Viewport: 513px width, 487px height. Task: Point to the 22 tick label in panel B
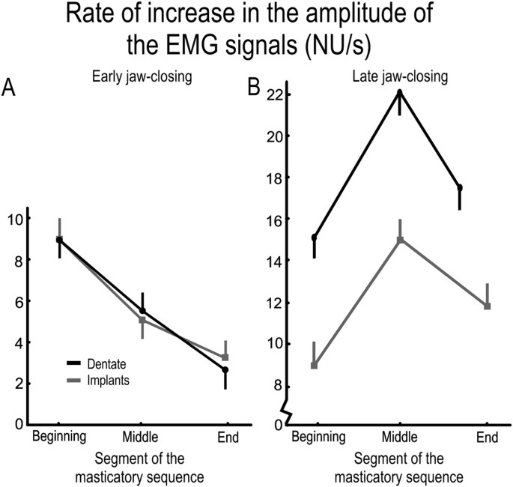(273, 94)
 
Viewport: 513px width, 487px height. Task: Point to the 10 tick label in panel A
(14, 219)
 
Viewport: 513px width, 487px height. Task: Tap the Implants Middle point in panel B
(400, 240)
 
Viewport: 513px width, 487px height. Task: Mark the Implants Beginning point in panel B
(315, 366)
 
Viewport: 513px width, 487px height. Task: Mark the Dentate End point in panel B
(459, 187)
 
